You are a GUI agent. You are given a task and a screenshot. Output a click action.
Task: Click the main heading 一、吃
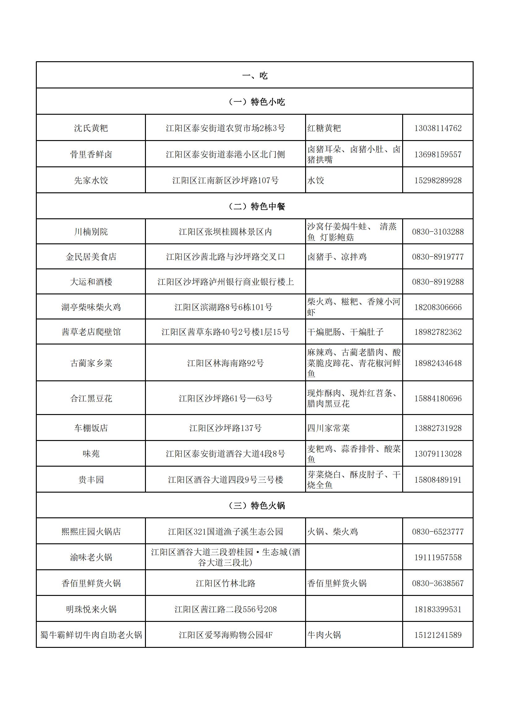point(255,75)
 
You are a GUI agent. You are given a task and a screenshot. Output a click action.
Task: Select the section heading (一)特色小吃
point(257,102)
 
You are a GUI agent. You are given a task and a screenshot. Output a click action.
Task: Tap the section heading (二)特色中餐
point(257,206)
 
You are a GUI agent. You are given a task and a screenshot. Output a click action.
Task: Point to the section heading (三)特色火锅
point(257,505)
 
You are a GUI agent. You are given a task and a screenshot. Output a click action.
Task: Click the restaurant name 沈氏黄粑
point(91,128)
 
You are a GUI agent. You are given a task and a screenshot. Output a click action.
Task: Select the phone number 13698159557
point(438,154)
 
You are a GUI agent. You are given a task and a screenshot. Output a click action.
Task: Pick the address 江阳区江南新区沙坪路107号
point(225,180)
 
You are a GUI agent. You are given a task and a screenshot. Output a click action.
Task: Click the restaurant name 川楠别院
point(91,232)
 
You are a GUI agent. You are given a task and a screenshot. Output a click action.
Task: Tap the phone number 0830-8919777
point(438,257)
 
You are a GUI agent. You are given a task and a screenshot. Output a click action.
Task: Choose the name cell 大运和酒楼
point(91,281)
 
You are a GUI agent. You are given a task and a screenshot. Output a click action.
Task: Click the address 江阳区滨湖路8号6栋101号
point(224,307)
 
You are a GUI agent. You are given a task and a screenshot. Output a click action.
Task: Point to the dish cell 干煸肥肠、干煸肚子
point(345,332)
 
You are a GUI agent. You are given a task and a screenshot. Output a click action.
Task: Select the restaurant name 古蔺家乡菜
point(91,363)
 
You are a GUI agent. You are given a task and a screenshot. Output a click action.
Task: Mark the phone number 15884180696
point(438,398)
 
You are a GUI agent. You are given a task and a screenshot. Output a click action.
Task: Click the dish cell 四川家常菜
point(328,428)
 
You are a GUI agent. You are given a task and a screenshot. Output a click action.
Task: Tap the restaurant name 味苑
point(91,453)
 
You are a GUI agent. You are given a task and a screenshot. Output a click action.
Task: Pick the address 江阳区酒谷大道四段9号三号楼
point(225,480)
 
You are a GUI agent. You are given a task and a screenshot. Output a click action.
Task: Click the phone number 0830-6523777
point(438,532)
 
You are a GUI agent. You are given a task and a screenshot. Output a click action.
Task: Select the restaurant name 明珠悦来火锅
point(91,609)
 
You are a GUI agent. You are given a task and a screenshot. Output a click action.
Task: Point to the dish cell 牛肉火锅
point(324,635)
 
